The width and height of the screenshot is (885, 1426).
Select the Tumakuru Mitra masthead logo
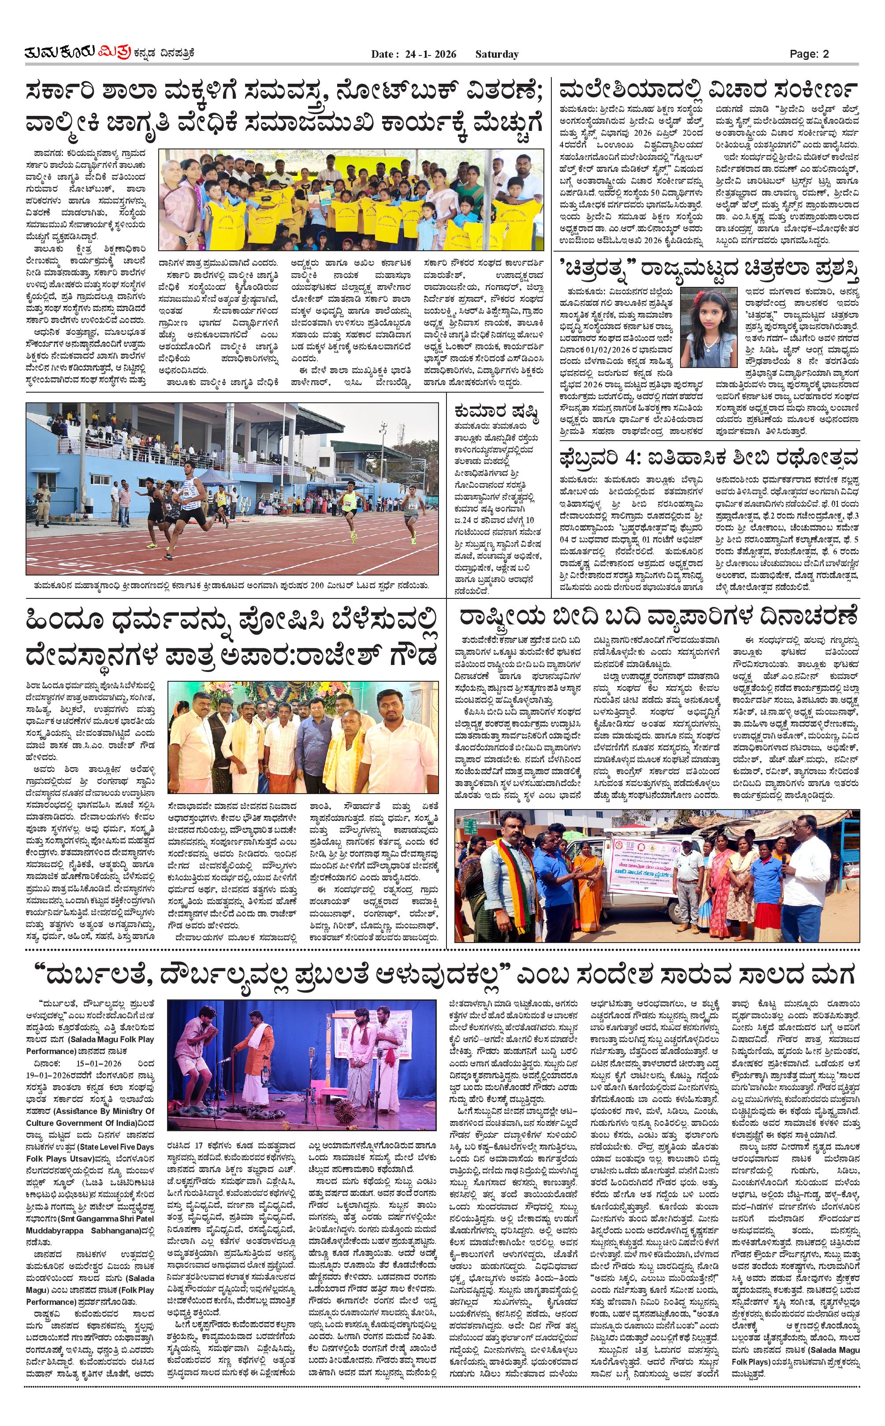pyautogui.click(x=109, y=53)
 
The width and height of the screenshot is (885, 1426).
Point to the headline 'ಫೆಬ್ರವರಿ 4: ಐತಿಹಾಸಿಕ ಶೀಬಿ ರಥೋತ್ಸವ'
pyautogui.click(x=708, y=457)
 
